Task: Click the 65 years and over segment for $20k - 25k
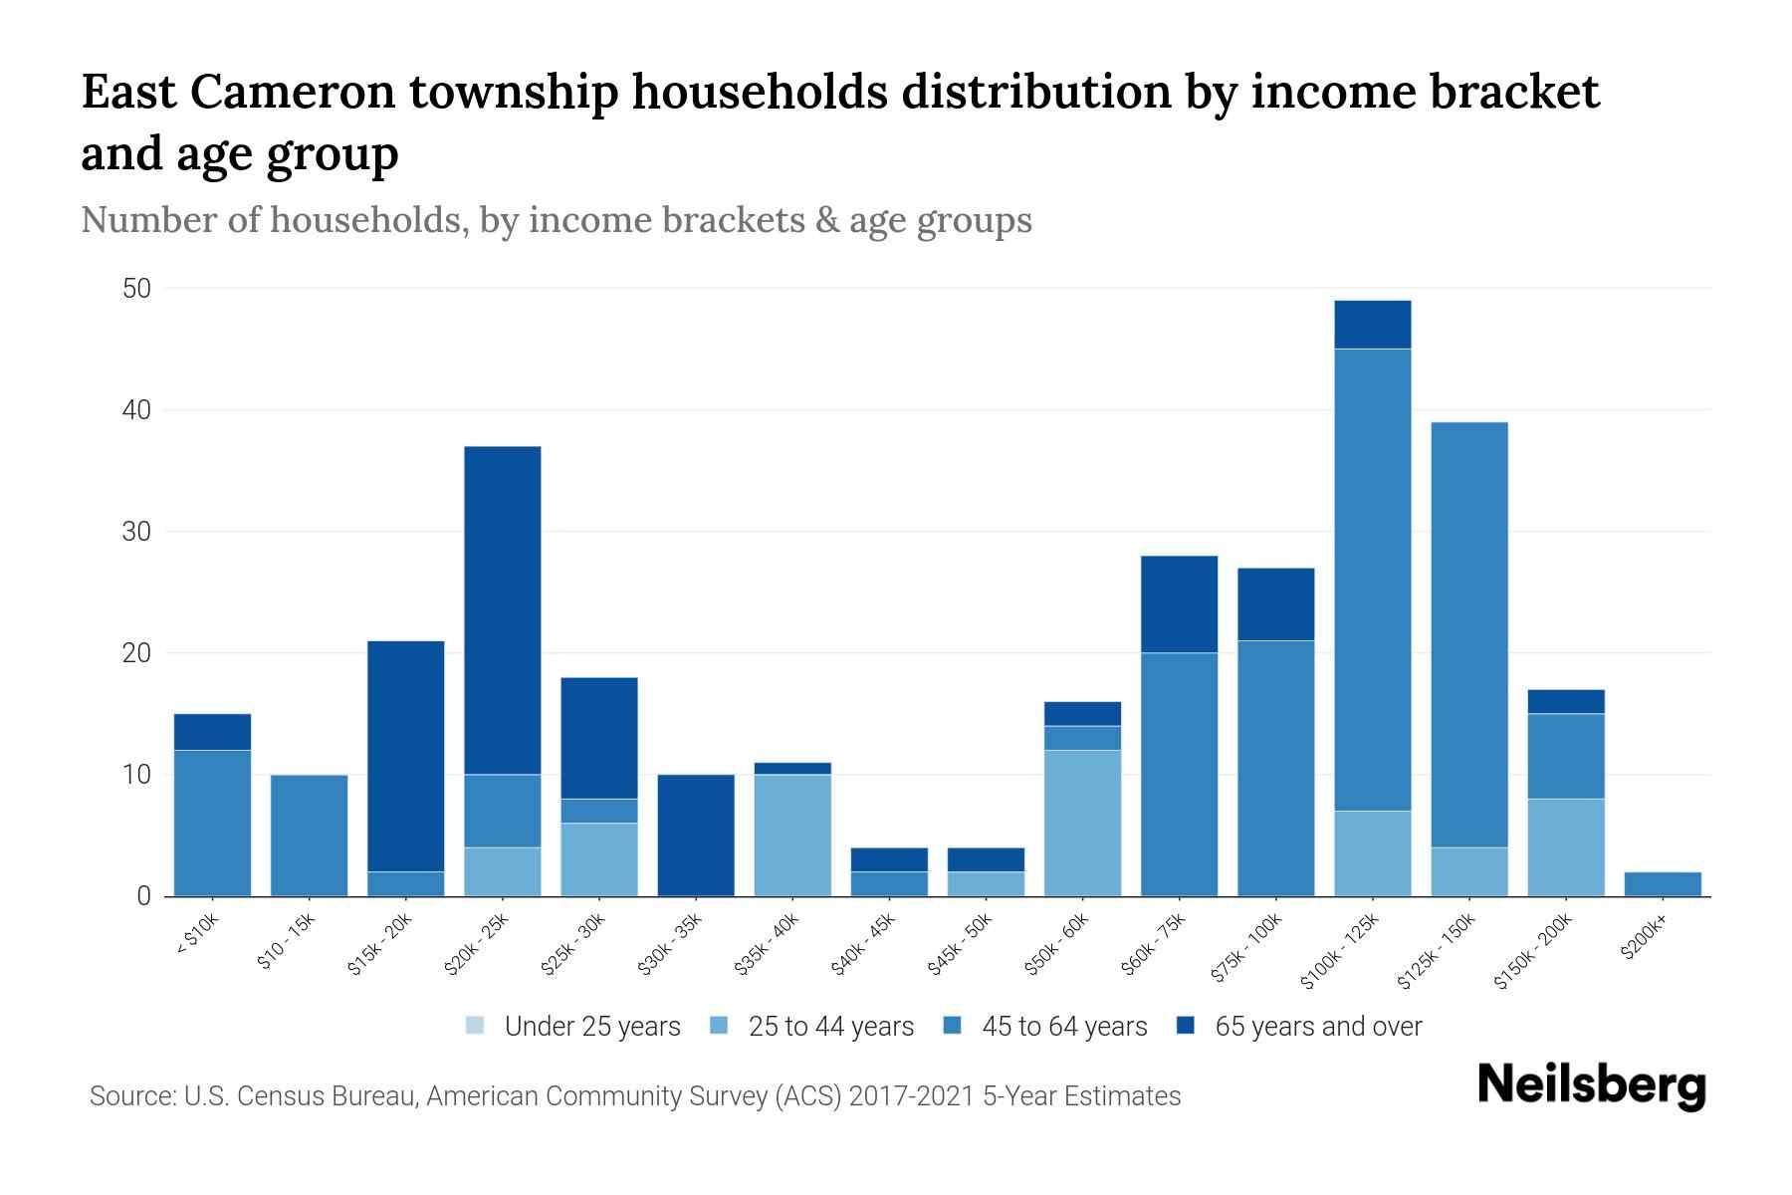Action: point(503,609)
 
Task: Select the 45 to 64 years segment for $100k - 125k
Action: point(1372,580)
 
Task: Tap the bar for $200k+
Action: point(1662,884)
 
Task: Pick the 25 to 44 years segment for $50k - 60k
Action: point(1082,823)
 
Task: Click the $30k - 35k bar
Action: point(696,835)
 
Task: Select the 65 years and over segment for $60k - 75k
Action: point(1179,603)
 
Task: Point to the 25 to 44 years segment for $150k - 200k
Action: point(1565,847)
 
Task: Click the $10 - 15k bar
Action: point(310,835)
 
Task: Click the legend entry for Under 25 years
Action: point(573,1027)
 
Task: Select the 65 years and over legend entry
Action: point(1299,1027)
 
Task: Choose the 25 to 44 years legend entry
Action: point(812,1027)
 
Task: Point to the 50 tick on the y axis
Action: point(136,289)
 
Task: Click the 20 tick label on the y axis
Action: point(136,653)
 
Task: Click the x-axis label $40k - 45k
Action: point(863,944)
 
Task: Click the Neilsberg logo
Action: point(1591,1085)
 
